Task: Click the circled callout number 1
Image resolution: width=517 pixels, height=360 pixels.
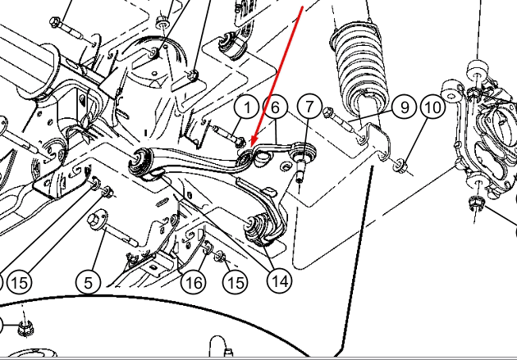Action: tap(247, 107)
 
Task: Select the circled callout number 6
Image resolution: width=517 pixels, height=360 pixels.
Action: tap(275, 107)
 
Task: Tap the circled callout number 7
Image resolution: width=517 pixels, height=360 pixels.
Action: tap(309, 106)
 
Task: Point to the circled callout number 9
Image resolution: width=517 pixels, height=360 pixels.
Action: tap(405, 107)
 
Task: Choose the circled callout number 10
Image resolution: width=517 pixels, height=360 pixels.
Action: tap(433, 107)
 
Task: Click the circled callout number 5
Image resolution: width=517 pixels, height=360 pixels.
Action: tap(88, 283)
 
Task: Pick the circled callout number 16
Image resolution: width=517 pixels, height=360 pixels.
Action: tap(194, 282)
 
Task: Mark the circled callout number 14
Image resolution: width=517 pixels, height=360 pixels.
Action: tap(279, 281)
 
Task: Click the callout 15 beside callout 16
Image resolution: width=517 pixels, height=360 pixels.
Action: tap(235, 283)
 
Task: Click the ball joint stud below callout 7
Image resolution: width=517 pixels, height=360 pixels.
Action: tap(300, 170)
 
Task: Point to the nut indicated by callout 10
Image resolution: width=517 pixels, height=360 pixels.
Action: tap(400, 165)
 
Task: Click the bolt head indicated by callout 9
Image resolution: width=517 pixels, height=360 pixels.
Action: tap(327, 112)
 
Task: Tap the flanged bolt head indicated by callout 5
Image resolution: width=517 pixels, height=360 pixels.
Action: tap(96, 220)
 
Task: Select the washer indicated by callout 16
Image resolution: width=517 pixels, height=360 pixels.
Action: tap(208, 247)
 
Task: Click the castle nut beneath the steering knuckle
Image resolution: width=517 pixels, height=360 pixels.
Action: tap(475, 202)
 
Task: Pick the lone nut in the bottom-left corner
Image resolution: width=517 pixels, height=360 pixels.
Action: tap(25, 327)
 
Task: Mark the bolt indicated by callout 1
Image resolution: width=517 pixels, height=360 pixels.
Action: tap(228, 135)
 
